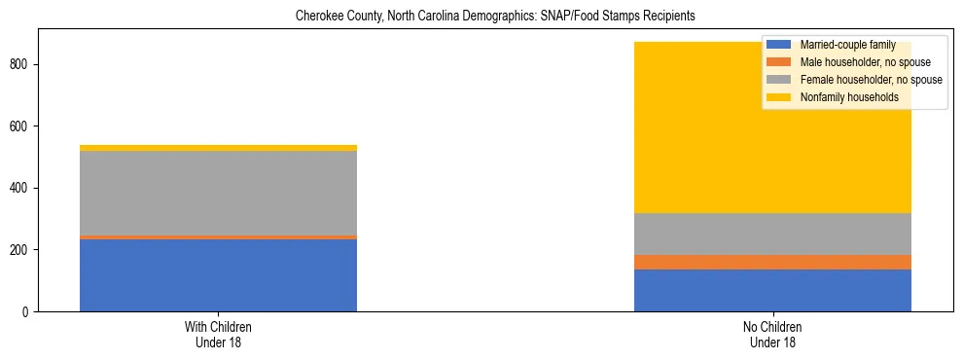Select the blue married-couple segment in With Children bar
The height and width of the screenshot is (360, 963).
coord(218,275)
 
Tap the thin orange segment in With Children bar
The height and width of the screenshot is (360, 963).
coord(218,237)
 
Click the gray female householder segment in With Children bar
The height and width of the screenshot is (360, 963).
coord(218,194)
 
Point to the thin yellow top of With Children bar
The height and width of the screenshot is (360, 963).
coord(218,148)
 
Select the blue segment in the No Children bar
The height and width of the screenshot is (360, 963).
coord(772,290)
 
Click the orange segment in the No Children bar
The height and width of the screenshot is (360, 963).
coord(772,263)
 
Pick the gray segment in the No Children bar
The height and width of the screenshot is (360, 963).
coord(772,234)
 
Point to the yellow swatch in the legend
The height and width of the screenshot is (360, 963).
coord(779,97)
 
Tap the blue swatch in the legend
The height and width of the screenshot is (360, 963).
coord(779,45)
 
